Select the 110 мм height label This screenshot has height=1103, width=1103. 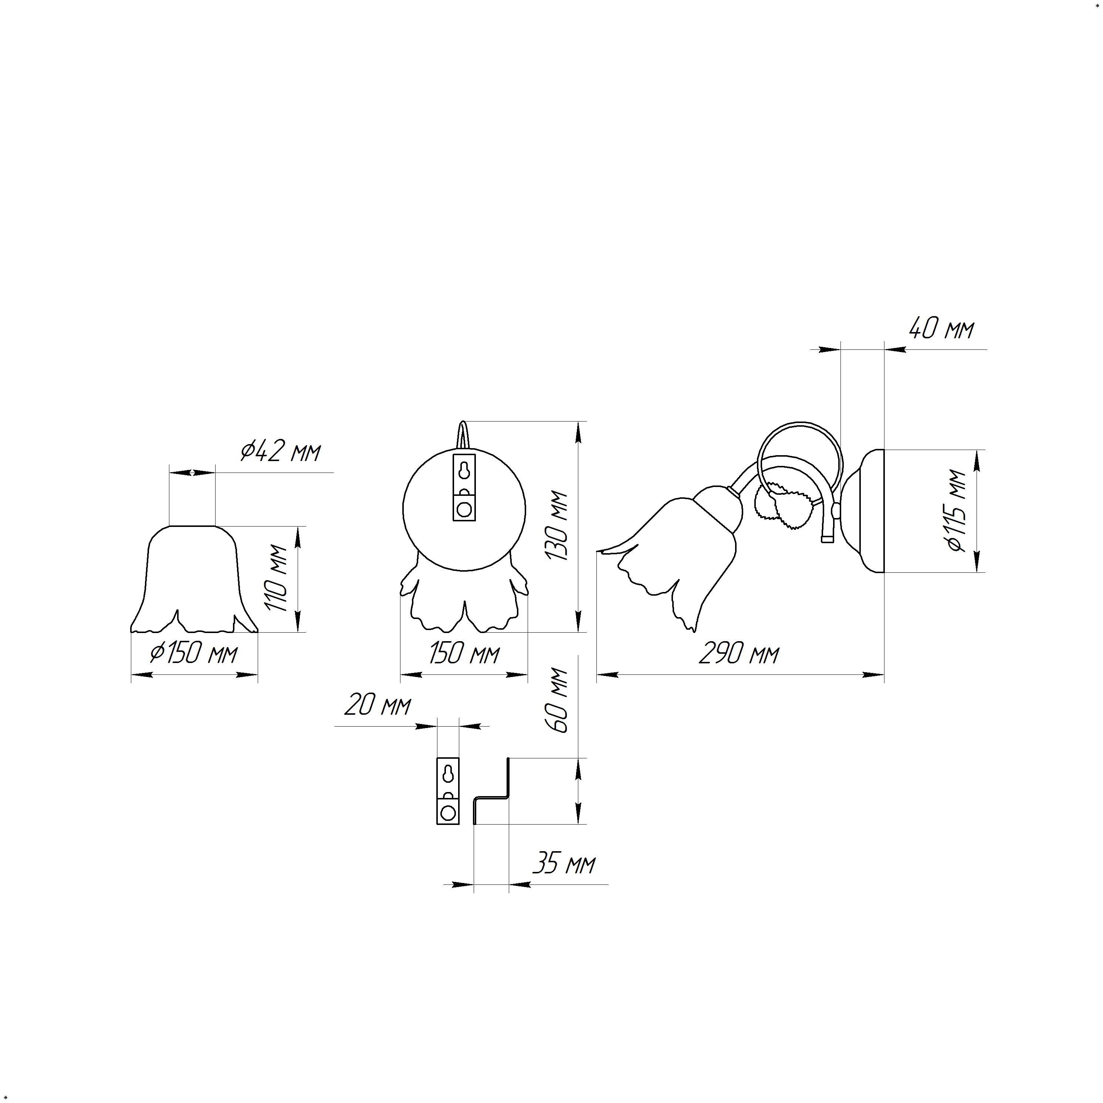click(278, 578)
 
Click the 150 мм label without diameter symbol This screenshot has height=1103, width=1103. click(464, 653)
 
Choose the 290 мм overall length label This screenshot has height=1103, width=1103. click(739, 653)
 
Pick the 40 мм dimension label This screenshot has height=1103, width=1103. click(941, 329)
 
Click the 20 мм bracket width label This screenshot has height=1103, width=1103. click(378, 706)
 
